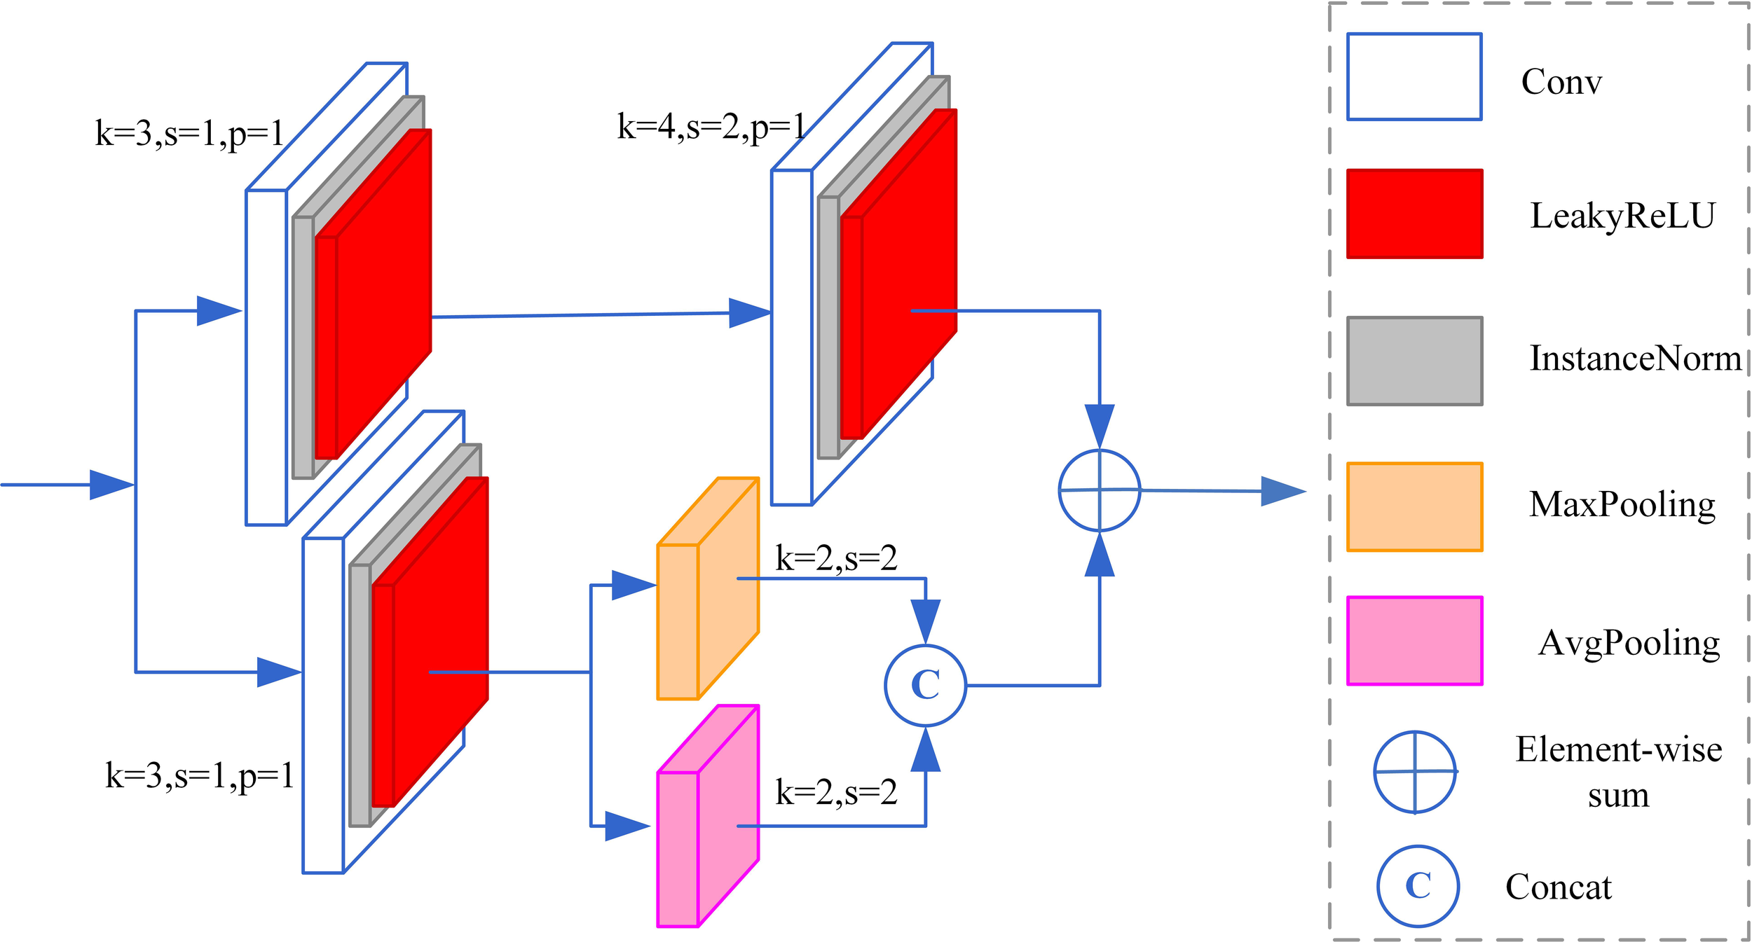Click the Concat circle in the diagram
(x=925, y=685)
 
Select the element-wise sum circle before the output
(x=1099, y=490)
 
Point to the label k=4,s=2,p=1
(x=711, y=127)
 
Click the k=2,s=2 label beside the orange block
(x=836, y=558)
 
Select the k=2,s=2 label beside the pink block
(x=836, y=792)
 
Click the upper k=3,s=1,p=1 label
(x=189, y=133)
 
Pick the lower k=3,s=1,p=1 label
(x=200, y=775)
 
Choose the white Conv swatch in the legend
(x=1414, y=76)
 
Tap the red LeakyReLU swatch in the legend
(x=1414, y=214)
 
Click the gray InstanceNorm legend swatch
(x=1414, y=361)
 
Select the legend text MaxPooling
(x=1622, y=504)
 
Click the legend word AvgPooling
(x=1629, y=642)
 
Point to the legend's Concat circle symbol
(x=1418, y=886)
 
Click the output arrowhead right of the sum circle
(x=1282, y=491)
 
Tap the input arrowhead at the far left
(x=111, y=485)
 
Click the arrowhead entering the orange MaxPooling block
(x=633, y=585)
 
